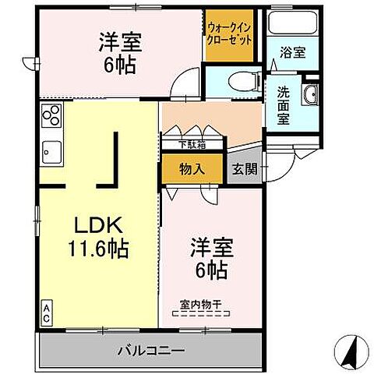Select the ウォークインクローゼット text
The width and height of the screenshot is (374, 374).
pyautogui.click(x=229, y=34)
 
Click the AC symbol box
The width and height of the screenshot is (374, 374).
pyautogui.click(x=47, y=313)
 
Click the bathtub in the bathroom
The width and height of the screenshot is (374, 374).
pyautogui.click(x=293, y=23)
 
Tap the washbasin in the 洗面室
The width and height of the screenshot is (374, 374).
pyautogui.click(x=309, y=96)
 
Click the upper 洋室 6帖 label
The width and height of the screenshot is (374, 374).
pyautogui.click(x=118, y=51)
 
